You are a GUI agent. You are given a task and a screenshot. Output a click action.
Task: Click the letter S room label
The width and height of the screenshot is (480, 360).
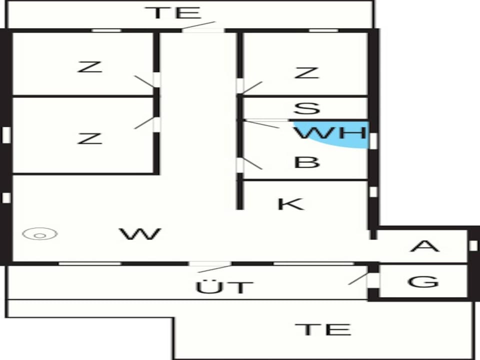(306, 108)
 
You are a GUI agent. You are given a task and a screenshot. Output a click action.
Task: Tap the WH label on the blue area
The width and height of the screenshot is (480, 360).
(330, 133)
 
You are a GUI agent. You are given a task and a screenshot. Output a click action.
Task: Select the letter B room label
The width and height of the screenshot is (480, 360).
(306, 162)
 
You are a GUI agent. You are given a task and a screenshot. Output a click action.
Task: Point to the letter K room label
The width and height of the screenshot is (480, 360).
(291, 204)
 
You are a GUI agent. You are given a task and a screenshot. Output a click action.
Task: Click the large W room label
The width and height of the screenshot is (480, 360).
(140, 234)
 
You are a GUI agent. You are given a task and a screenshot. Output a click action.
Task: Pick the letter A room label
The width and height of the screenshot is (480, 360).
(424, 246)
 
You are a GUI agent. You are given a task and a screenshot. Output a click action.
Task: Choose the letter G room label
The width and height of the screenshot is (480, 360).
(423, 281)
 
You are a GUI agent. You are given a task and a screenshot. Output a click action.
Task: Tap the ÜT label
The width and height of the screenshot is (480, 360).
(224, 287)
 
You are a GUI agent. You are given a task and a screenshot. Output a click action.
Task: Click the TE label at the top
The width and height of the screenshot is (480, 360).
(173, 13)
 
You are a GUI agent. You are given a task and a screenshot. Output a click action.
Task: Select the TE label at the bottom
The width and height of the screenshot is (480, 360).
(322, 329)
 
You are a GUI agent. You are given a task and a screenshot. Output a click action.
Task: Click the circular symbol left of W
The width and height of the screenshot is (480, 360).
(40, 234)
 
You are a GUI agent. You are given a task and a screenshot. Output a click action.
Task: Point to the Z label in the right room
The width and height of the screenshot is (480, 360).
(306, 73)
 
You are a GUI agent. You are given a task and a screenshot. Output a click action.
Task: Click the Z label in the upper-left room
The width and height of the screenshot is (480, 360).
(89, 66)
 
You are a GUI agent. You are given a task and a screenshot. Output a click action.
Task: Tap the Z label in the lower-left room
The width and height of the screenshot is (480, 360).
(89, 138)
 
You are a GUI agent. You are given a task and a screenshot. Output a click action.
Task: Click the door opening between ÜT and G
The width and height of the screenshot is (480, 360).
(373, 280)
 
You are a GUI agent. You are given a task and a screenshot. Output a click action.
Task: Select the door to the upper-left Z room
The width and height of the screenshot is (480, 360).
(156, 79)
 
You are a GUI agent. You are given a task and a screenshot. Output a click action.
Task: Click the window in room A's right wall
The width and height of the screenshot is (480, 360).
(473, 245)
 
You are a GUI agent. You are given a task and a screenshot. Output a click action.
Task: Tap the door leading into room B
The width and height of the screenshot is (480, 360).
(240, 165)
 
